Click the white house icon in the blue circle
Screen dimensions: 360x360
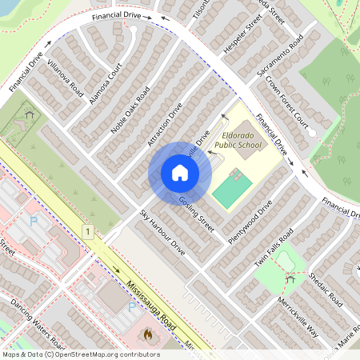pos(179,173)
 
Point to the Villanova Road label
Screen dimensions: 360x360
pos(65,78)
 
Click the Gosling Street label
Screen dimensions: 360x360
pos(197,214)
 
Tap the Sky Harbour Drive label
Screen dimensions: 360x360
pos(162,232)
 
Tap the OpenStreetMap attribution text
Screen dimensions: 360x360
pos(80,354)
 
